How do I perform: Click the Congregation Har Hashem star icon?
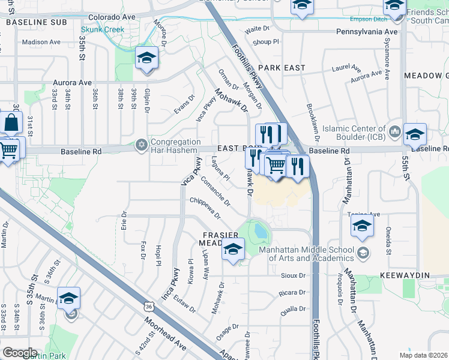pos(142,145)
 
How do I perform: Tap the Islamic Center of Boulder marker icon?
pos(395,131)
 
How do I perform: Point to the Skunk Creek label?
pos(103,29)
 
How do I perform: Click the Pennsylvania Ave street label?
pos(367,31)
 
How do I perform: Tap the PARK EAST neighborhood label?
pos(282,68)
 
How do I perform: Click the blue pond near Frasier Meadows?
pos(261,230)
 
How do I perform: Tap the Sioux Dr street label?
pos(293,275)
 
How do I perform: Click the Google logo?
pos(20,353)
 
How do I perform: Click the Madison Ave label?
pos(42,42)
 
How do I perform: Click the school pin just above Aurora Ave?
pos(146,59)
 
